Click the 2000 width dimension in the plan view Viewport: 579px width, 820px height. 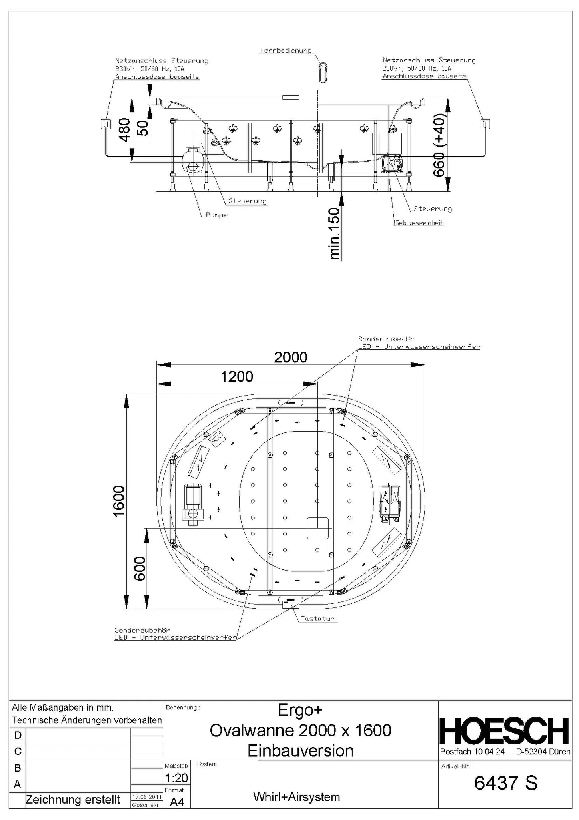tap(291, 357)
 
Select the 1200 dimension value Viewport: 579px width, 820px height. tap(237, 377)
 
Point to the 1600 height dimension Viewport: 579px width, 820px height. tap(119, 501)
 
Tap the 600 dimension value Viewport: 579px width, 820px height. tap(140, 568)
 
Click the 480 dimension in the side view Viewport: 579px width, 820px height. tap(125, 130)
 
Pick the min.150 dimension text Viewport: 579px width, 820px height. tap(334, 233)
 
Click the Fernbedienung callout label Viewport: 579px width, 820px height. tap(285, 51)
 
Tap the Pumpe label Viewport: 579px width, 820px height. tap(216, 215)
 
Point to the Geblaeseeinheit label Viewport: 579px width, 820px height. tap(419, 223)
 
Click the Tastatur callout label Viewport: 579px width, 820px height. tap(317, 619)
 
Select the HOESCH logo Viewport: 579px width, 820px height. tap(504, 731)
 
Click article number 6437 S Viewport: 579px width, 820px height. tap(505, 783)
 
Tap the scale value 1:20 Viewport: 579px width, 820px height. tap(176, 778)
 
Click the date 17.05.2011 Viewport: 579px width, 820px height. tap(146, 797)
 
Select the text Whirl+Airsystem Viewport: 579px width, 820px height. tap(297, 797)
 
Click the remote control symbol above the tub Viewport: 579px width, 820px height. tap(323, 72)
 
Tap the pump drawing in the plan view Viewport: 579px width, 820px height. tap(193, 503)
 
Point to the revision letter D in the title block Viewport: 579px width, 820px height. tap(18, 735)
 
